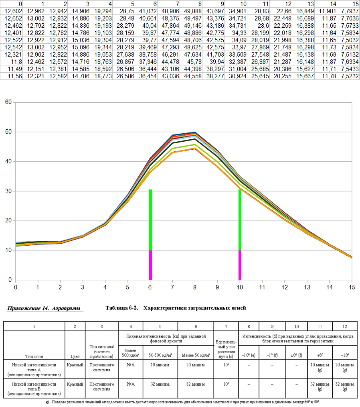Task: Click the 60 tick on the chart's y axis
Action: click(x=8, y=102)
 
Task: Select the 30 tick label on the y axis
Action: click(x=8, y=191)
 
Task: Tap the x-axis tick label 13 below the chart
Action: click(x=307, y=287)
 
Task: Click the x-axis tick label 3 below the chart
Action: click(x=83, y=287)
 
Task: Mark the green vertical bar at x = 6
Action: click(x=150, y=220)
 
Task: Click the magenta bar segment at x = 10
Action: click(x=240, y=265)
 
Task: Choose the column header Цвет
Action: click(x=75, y=356)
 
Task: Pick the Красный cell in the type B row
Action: click(x=75, y=384)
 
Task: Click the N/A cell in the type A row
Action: click(x=131, y=365)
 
